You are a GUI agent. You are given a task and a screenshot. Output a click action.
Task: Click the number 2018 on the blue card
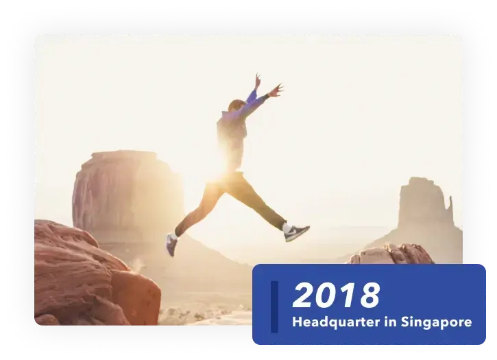337,295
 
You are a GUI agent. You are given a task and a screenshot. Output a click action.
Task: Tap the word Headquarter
336,322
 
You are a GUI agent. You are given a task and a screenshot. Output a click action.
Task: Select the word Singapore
437,322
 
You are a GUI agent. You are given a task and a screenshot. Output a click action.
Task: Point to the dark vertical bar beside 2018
274,307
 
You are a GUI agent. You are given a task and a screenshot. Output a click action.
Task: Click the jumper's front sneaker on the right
296,233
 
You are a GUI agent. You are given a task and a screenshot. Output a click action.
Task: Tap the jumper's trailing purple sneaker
171,245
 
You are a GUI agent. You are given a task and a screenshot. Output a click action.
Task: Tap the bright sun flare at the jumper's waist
223,171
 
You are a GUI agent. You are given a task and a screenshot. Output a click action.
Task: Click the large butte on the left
127,191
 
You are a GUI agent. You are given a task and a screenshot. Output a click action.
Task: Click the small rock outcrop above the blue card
393,254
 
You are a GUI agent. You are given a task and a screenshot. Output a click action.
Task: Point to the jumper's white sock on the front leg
287,228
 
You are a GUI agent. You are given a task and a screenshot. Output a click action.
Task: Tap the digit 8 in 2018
370,296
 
